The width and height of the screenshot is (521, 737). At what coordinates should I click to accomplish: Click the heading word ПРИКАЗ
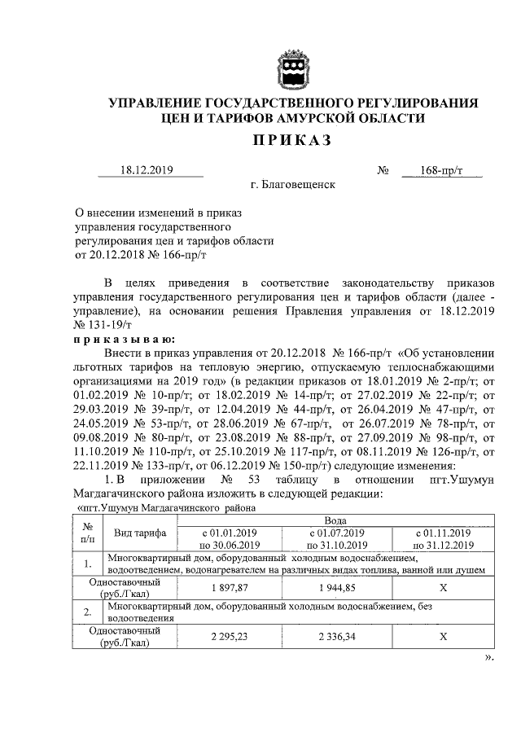[291, 142]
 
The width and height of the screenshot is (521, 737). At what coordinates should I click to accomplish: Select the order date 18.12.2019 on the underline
[151, 170]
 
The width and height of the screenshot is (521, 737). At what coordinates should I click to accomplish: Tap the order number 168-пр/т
[441, 170]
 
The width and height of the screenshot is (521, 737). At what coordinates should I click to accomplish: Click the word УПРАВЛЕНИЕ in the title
[159, 103]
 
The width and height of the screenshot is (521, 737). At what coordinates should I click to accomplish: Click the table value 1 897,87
[229, 587]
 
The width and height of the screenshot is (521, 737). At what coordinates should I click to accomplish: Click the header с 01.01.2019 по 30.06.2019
[229, 537]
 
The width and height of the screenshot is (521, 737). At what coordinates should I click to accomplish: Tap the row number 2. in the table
[86, 611]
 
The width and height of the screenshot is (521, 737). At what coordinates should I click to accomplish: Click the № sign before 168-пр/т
[383, 170]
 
